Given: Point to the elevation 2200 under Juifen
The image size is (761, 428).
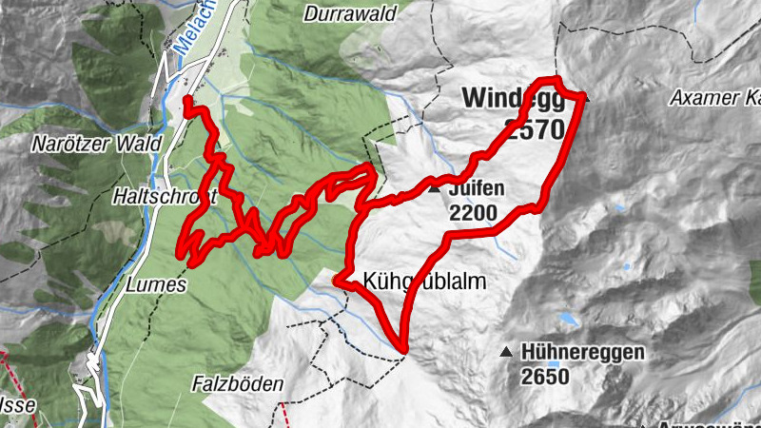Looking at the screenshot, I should [x=474, y=212].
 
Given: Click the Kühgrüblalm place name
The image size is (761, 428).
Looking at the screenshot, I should [x=425, y=282].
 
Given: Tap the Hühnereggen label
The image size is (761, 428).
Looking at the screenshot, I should [x=582, y=353].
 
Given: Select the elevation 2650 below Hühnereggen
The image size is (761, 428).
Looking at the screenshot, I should [x=544, y=377].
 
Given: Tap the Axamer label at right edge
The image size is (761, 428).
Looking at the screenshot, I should [x=713, y=97].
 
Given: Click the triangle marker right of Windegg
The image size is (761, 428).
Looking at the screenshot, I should [x=587, y=98].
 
